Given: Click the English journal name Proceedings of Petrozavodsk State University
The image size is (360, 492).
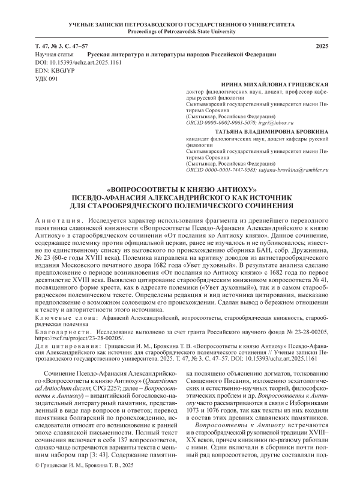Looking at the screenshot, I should pos(180,31).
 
